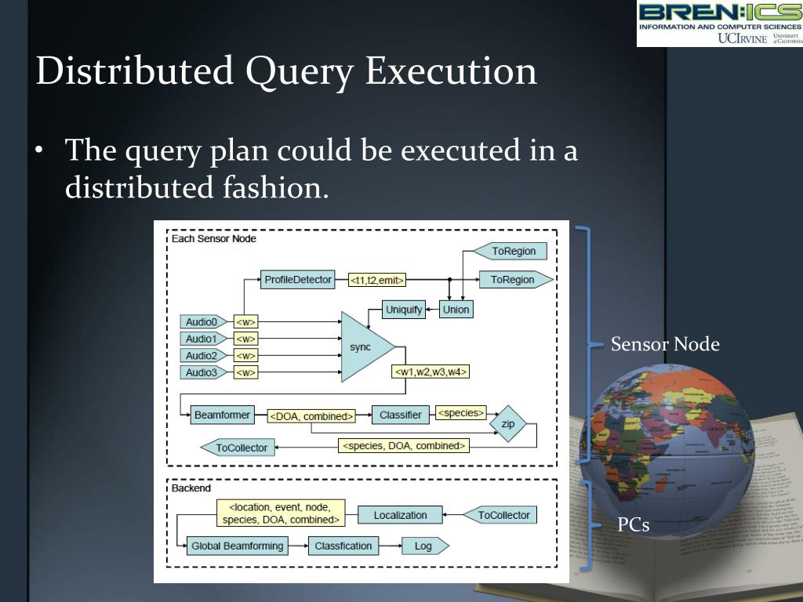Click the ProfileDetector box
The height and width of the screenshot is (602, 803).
point(298,280)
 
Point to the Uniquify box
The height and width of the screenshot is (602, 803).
point(404,310)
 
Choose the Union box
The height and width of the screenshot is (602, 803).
point(456,310)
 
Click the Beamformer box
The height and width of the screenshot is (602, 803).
point(222,415)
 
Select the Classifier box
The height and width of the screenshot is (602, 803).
point(401,415)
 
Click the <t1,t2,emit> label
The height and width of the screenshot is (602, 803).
point(378,280)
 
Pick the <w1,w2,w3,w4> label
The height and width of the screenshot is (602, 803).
point(432,372)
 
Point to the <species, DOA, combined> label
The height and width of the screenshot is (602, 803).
point(404,446)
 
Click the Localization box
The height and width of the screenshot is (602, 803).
point(400,515)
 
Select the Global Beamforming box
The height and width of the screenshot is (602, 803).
point(238,546)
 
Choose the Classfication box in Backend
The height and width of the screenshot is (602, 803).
point(343,546)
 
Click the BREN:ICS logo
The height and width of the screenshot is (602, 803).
point(719,24)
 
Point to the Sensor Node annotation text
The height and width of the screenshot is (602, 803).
point(665,344)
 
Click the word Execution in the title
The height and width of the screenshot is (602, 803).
point(452,71)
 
